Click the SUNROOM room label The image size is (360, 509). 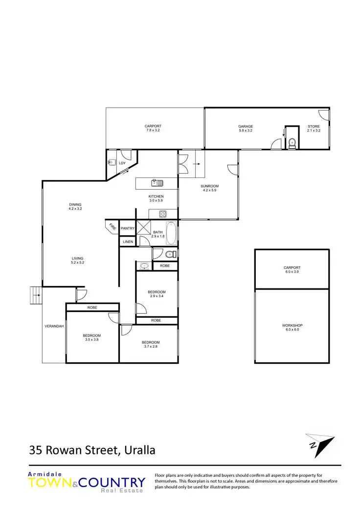[209, 186]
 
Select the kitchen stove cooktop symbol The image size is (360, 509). [162, 214]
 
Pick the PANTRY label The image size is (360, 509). [127, 228]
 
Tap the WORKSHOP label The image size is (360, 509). [292, 325]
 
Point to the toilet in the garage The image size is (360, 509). [292, 143]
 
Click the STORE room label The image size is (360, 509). [314, 126]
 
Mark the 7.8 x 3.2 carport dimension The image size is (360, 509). [153, 131]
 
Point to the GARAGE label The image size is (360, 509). [246, 126]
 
